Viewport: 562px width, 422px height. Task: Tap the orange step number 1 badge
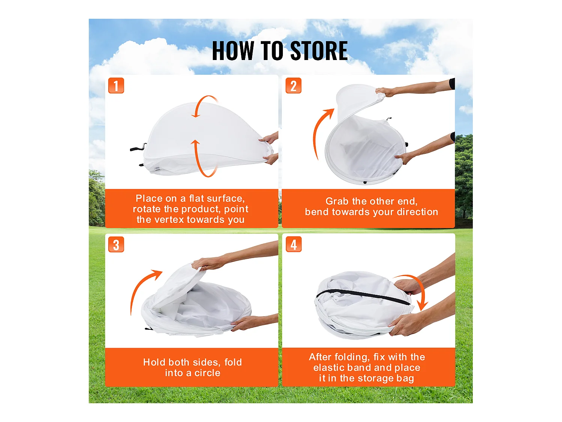(x=116, y=86)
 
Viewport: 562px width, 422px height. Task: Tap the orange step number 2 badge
(x=293, y=86)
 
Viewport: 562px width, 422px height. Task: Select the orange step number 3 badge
(x=116, y=245)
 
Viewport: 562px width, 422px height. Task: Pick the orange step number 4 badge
(x=294, y=244)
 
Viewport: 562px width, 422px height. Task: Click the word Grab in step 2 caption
(x=337, y=201)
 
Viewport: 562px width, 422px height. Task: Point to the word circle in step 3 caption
(x=208, y=373)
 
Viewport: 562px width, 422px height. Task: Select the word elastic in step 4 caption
(x=329, y=368)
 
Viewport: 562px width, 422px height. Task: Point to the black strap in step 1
(x=138, y=148)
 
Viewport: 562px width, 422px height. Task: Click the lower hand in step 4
(x=407, y=324)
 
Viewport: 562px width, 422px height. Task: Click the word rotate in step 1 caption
(x=147, y=209)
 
